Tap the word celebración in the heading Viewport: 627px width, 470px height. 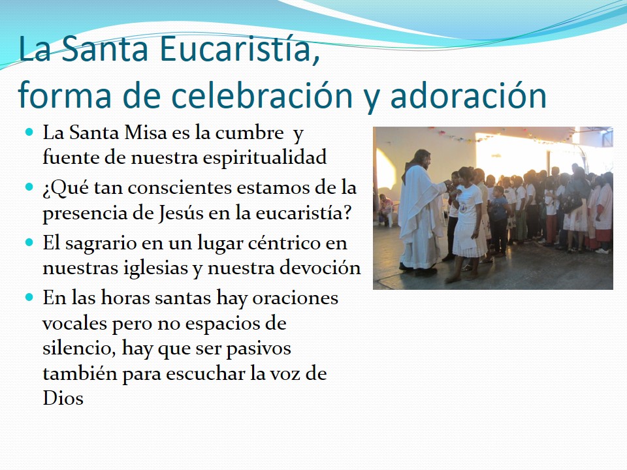coord(263,95)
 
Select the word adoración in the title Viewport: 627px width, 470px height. coord(468,95)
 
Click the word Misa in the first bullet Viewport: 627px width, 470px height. coord(145,133)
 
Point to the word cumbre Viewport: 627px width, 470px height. coord(249,133)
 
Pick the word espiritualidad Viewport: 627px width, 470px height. coord(265,158)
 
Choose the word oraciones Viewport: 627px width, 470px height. coord(295,298)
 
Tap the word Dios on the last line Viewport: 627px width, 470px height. coord(63,398)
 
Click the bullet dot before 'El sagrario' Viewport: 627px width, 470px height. coord(29,242)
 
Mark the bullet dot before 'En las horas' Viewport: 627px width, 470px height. coord(29,298)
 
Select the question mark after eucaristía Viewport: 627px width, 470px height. coord(347,212)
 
